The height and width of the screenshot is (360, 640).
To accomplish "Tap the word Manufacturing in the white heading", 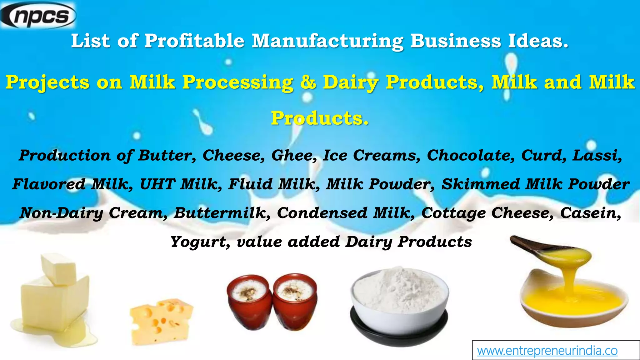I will tap(327, 41).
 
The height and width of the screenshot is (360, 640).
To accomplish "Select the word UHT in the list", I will tap(157, 184).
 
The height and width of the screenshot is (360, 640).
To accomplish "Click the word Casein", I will tap(590, 213).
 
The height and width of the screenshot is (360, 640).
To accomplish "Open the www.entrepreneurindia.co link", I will tap(547, 351).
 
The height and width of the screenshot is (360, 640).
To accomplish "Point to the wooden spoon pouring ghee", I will tap(550, 250).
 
